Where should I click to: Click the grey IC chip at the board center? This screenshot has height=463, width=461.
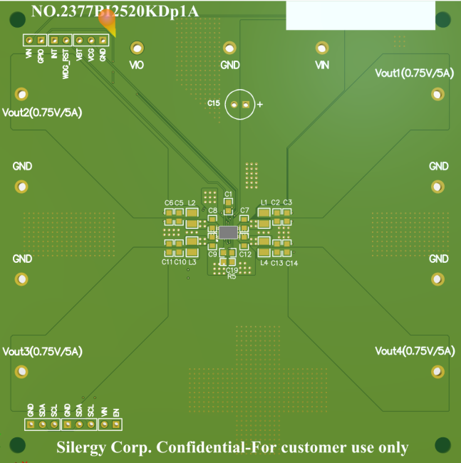(x=228, y=232)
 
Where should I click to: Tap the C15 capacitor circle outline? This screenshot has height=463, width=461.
(x=240, y=105)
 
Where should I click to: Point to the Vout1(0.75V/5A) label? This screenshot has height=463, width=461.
(x=414, y=73)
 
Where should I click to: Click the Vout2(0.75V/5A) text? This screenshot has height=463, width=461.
(x=42, y=113)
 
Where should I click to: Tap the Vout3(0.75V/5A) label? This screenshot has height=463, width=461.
(x=42, y=351)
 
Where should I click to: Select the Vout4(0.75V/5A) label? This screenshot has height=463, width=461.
(x=414, y=351)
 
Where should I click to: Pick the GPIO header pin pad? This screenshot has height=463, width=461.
(x=41, y=41)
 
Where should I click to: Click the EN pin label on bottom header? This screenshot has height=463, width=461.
(x=115, y=410)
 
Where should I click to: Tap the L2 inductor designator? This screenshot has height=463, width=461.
(x=192, y=203)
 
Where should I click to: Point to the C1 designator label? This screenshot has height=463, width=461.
(x=228, y=194)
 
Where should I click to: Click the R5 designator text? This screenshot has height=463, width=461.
(x=232, y=276)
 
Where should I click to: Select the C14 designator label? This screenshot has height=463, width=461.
(x=291, y=263)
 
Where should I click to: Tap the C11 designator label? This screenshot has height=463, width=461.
(x=167, y=262)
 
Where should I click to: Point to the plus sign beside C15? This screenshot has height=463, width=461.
(x=260, y=105)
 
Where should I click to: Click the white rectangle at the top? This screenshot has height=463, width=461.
(x=361, y=15)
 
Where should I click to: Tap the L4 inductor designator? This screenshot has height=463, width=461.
(x=264, y=263)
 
